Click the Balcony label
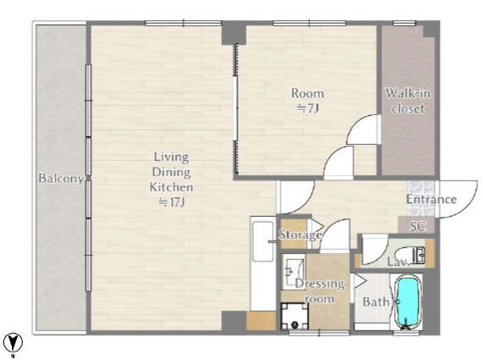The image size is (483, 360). coord(61,179)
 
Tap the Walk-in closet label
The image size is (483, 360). coord(408,101)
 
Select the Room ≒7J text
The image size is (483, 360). coord(308,101)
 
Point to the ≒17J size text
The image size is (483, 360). coord(171,202)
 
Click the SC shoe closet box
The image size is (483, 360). coord(416,225)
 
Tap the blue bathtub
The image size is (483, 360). coord(408,302)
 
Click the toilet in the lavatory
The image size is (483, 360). coord(413,255)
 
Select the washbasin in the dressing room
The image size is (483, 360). coord(293,272)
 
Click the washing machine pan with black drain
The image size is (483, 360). coord(295,316)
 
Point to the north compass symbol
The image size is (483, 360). coord(13,342)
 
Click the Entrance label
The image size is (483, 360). coord(431,199)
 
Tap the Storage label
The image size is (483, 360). coord(300,235)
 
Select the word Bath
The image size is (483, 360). coord(375,302)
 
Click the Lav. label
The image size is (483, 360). coord(398,262)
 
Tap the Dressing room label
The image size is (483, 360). coord(319,291)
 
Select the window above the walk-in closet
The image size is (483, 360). coord(404,23)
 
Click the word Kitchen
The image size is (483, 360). coord(171,187)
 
